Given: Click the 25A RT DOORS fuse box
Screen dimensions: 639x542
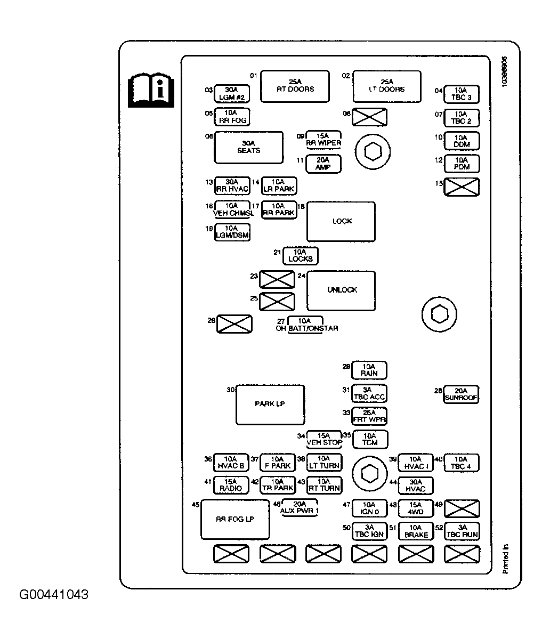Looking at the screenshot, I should tap(294, 86).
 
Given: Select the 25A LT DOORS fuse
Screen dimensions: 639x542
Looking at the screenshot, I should tap(387, 86).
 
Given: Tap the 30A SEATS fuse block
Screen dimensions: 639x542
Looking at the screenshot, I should tap(248, 147).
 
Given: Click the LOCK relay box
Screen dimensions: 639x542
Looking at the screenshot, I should tap(341, 221).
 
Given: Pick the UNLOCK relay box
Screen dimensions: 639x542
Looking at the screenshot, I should tap(341, 290).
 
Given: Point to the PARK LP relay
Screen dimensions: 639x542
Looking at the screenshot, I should tap(270, 405).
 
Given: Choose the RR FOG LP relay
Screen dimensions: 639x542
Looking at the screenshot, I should tap(235, 520).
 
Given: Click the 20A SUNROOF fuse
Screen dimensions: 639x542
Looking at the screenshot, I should tap(461, 394).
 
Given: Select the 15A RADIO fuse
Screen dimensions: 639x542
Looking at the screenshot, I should tap(231, 485).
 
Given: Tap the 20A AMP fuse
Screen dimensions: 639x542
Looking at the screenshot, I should tap(323, 164).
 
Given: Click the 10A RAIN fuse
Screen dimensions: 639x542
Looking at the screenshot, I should tap(369, 370).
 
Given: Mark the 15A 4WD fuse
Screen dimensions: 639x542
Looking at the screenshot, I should tap(416, 508).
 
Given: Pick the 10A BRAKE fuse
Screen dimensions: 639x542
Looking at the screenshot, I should tap(416, 531).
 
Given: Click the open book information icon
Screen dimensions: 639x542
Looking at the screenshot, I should tap(151, 88).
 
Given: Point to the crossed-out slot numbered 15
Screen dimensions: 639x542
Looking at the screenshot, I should tap(462, 187).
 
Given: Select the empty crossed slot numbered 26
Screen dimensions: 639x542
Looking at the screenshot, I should tap(234, 323).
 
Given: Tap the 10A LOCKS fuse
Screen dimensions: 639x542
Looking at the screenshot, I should tap(301, 256).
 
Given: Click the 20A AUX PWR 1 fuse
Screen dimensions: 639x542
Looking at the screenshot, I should tap(300, 507).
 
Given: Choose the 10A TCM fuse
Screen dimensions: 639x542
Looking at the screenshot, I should tap(369, 439).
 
